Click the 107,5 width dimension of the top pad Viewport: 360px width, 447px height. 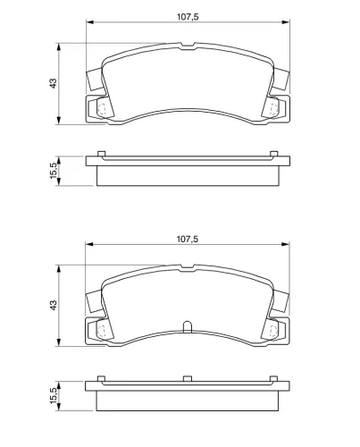[x=188, y=17]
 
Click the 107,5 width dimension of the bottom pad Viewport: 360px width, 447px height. [x=188, y=239]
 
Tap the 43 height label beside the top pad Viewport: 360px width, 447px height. [x=53, y=83]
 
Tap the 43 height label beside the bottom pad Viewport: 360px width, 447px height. [x=53, y=305]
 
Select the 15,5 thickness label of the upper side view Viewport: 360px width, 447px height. [x=53, y=171]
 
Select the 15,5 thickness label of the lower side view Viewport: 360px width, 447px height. [x=53, y=396]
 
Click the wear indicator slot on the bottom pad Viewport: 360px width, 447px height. [x=187, y=326]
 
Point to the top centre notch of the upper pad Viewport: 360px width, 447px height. [x=188, y=46]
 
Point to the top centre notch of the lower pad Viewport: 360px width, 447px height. [x=188, y=267]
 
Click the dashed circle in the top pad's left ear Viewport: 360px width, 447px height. [x=102, y=110]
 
